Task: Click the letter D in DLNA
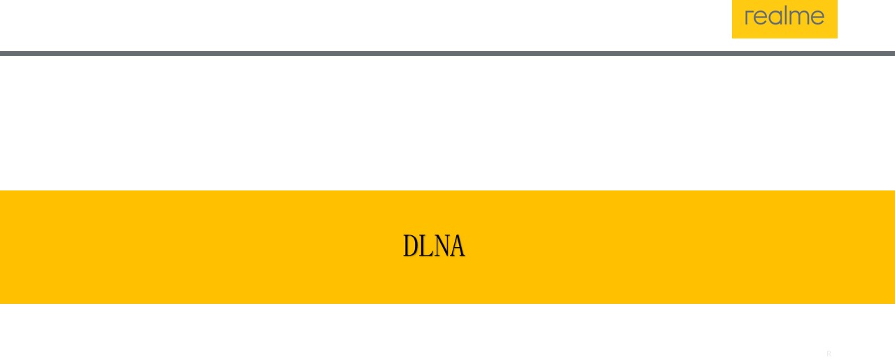click(x=410, y=246)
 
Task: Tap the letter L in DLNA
click(x=425, y=246)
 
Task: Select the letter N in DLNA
click(x=441, y=246)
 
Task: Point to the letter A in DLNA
click(x=456, y=246)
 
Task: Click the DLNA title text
click(x=434, y=246)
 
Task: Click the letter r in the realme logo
click(x=749, y=18)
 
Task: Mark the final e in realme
click(x=817, y=18)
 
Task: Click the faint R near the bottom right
click(x=829, y=354)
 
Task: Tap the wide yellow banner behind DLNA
click(x=210, y=246)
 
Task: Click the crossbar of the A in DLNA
click(x=456, y=251)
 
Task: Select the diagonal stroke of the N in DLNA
click(x=441, y=246)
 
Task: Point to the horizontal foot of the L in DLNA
click(x=427, y=256)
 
